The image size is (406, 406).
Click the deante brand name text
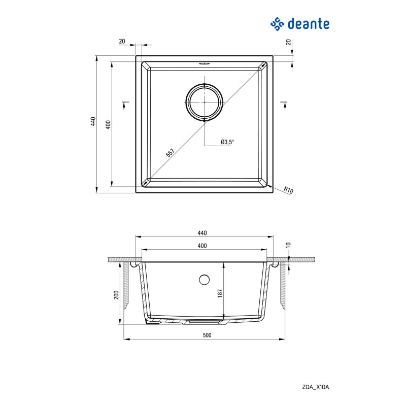309,23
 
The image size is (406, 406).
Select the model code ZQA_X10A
316,387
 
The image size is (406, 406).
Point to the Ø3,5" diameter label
227,142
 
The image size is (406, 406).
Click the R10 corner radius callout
289,191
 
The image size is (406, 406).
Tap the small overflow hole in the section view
204,279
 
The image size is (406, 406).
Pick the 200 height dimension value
116,295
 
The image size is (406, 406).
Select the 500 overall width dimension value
206,335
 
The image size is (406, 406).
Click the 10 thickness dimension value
288,245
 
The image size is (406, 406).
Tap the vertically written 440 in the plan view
92,122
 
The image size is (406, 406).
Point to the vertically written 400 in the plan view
108,124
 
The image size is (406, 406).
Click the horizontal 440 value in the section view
202,233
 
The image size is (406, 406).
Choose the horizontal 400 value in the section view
202,246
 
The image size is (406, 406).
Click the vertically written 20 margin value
288,43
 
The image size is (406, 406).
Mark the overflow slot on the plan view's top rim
204,64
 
